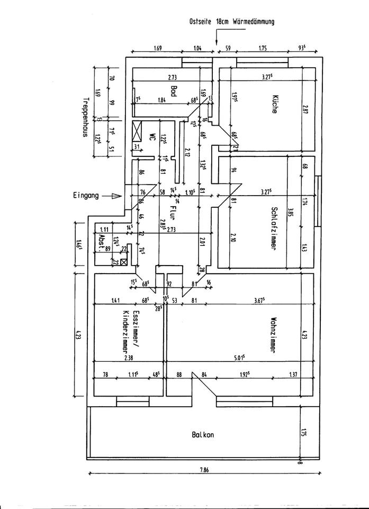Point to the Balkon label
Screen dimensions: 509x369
pos(203,434)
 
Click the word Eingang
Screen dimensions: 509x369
pos(86,196)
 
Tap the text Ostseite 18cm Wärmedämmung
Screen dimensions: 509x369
pos(231,22)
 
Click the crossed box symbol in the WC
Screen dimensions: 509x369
pos(138,129)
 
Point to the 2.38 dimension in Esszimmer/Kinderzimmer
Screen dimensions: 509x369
pos(127,358)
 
